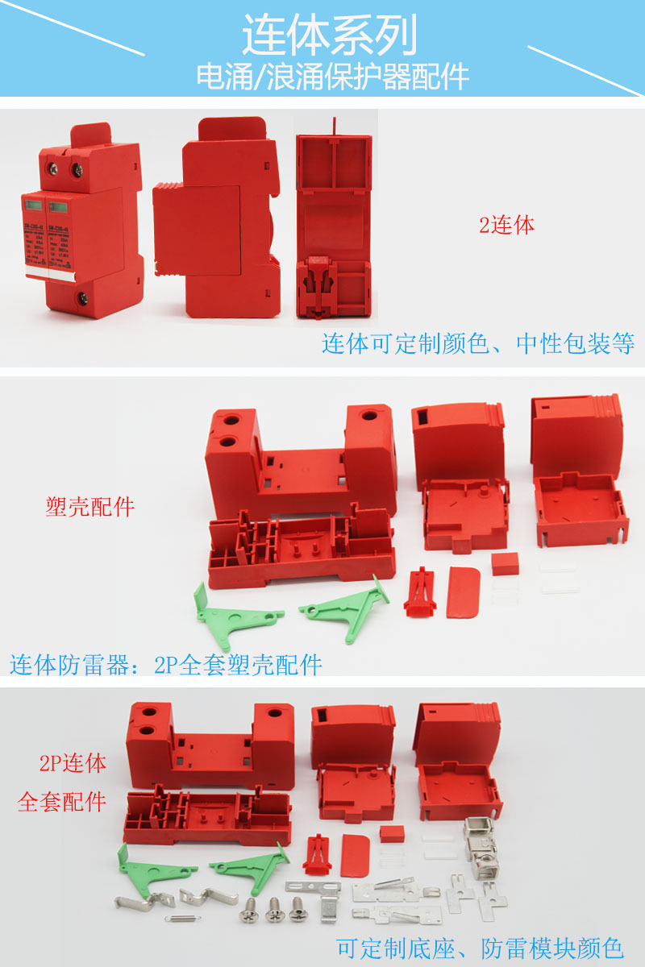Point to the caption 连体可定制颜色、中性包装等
(x=478, y=344)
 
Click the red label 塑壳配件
(x=89, y=507)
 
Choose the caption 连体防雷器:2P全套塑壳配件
(x=166, y=665)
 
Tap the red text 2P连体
(x=73, y=763)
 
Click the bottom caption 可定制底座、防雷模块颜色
(x=480, y=947)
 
